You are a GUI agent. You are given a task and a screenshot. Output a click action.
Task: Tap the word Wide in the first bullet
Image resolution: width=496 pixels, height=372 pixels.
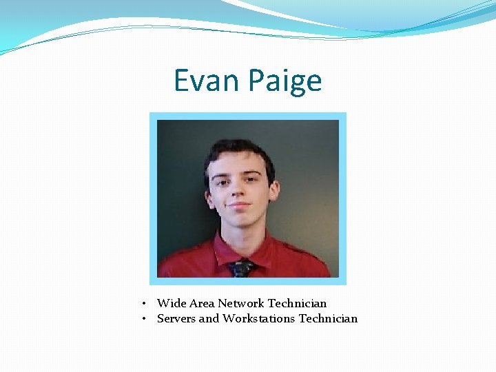(x=170, y=303)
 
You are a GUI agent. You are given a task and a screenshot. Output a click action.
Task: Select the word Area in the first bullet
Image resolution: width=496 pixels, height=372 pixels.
(x=200, y=303)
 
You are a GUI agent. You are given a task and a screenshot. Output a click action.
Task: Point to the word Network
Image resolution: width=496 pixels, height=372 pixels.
(x=241, y=303)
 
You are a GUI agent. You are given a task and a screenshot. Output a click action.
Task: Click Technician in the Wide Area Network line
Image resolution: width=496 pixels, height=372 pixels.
(x=297, y=303)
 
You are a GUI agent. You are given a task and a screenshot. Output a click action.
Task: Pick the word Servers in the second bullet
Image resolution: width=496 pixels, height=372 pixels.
(x=176, y=318)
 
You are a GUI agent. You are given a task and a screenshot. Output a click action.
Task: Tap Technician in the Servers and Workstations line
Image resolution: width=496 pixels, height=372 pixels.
(x=328, y=318)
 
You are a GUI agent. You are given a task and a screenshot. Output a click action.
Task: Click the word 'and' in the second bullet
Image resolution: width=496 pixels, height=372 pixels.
(x=209, y=318)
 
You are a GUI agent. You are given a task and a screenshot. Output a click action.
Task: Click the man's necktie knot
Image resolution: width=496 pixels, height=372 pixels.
(x=241, y=265)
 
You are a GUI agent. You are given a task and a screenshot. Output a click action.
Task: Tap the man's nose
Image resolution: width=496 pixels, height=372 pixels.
(x=239, y=192)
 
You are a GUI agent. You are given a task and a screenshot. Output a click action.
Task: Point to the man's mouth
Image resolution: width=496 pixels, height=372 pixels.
(x=239, y=206)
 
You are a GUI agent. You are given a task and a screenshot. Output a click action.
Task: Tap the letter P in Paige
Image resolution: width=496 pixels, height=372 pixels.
(x=256, y=81)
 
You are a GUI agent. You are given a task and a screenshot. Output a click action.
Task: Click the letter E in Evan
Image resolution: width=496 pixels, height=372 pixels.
(x=181, y=81)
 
